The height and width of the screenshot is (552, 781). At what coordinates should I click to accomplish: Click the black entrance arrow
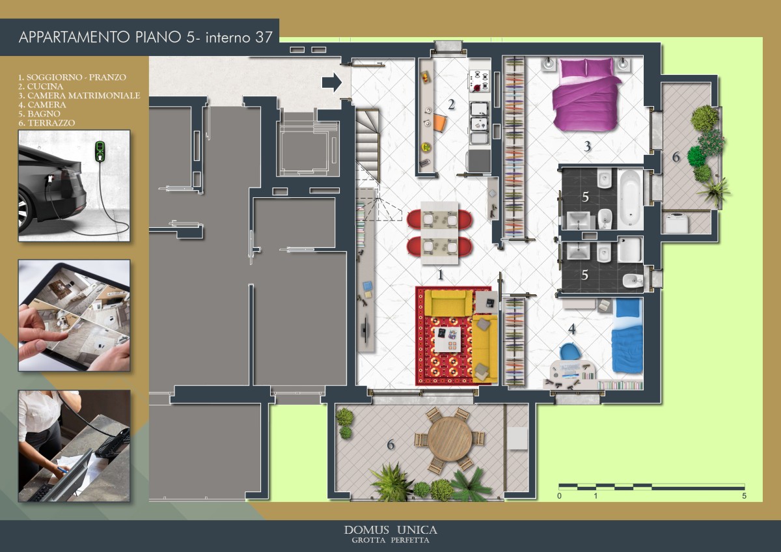tap(331, 82)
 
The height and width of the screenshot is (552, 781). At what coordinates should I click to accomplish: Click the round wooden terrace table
tap(450, 439)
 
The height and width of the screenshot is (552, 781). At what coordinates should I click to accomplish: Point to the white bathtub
tap(631, 199)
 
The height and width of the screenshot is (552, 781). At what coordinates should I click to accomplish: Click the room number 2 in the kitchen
tap(451, 105)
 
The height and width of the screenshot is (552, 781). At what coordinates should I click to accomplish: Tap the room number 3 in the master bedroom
tap(587, 146)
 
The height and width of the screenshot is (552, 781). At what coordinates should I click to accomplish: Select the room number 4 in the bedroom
tap(572, 329)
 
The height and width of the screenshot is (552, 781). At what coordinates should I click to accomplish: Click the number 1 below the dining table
tap(441, 275)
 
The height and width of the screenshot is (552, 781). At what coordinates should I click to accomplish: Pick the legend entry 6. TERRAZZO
tap(47, 123)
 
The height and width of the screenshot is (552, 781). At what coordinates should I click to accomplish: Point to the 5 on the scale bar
tap(744, 496)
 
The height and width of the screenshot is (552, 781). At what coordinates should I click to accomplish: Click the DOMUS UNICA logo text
tap(390, 531)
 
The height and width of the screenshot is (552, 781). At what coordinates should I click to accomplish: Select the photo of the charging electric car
tap(74, 186)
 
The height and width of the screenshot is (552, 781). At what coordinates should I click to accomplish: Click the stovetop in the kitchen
tap(479, 81)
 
